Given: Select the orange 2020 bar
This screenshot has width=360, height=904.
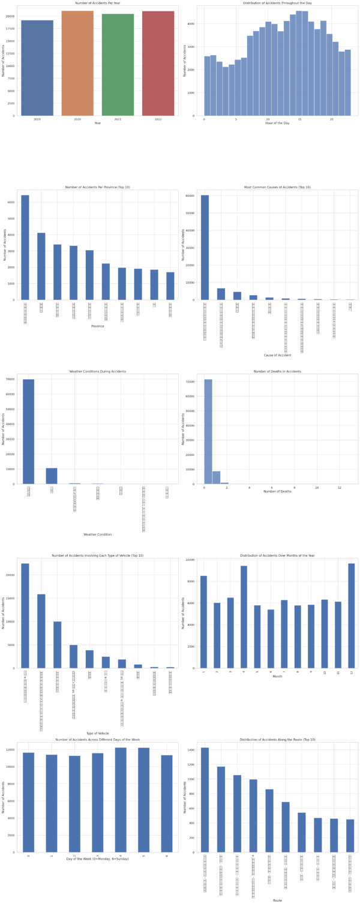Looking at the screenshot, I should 77,63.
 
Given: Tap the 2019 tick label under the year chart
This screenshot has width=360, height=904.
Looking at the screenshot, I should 37,119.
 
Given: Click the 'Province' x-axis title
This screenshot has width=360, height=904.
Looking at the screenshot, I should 97,326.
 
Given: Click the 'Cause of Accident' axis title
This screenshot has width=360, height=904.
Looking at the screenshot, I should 277,356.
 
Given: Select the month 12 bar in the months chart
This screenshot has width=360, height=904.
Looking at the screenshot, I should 350,615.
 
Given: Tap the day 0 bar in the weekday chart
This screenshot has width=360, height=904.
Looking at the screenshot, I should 29,802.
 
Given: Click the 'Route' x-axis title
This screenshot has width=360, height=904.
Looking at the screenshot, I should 277,900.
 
